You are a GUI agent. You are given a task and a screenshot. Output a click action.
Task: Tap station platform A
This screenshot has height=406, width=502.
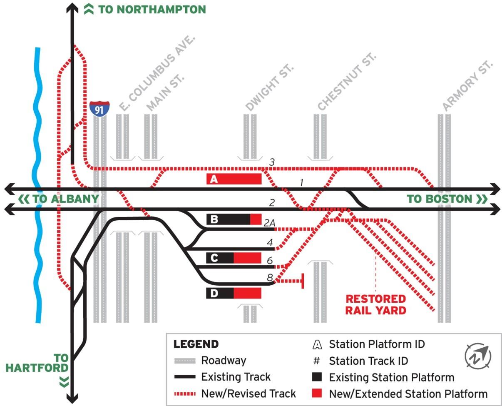coord(234,179)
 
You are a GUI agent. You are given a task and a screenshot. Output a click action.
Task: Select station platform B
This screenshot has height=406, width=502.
coord(234,219)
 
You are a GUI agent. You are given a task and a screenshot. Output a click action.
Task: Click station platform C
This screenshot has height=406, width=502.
coord(234,258)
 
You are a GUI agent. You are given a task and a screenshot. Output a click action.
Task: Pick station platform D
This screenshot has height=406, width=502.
coord(234,293)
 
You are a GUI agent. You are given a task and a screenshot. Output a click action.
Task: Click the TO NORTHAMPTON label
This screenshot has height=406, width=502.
coord(145,9)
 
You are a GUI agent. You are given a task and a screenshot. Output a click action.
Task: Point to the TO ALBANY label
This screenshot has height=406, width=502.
coord(59,199)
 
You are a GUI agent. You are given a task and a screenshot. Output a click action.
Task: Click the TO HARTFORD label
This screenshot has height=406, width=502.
coord(37,363)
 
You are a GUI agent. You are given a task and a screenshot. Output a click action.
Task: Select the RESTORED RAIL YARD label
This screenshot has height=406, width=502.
coord(375,304)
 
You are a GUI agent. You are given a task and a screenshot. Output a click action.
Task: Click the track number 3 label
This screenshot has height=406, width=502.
coord(272,162)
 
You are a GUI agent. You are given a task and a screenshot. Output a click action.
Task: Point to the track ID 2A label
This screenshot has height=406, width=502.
coord(269,223)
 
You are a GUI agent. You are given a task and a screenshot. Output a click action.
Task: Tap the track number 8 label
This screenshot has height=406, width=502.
coord(270,277)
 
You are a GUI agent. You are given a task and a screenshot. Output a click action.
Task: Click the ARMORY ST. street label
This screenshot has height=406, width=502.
coord(467,86)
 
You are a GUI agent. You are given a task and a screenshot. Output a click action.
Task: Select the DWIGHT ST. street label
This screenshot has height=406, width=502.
coord(270,88)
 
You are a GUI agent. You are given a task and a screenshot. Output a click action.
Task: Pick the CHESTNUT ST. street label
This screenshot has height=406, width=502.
coord(347,82)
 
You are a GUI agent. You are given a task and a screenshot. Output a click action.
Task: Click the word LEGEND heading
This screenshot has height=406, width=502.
coord(196,344)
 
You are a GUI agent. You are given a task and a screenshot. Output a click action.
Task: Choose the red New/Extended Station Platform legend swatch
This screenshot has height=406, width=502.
coord(317,394)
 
